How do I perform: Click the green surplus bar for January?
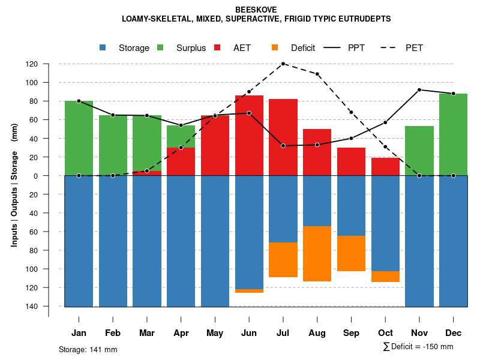point(79,138)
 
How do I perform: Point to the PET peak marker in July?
point(283,64)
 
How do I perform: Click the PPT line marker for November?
point(419,90)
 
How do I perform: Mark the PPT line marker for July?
point(283,146)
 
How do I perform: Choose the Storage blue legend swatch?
point(103,47)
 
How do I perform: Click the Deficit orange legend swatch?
point(275,47)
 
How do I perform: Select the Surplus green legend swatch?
point(161,47)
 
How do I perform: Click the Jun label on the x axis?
point(249,333)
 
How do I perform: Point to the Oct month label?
point(385,333)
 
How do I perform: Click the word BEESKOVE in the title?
point(256,10)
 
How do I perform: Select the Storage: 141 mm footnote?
point(88,349)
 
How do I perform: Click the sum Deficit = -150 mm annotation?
point(418,347)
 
